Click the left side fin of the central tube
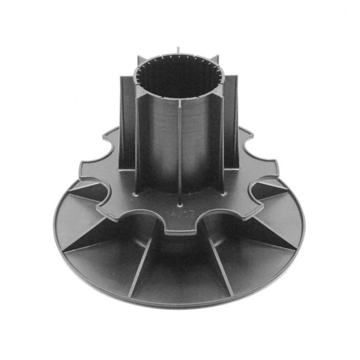[128, 124]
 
